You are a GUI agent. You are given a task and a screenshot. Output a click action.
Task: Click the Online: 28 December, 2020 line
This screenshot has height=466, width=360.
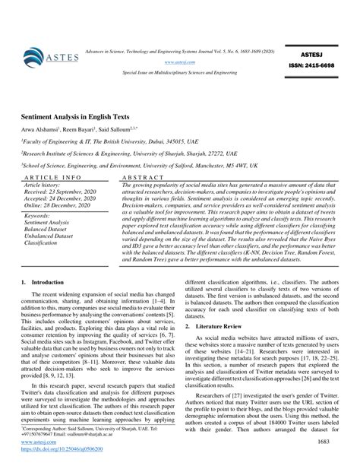tap(57, 203)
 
